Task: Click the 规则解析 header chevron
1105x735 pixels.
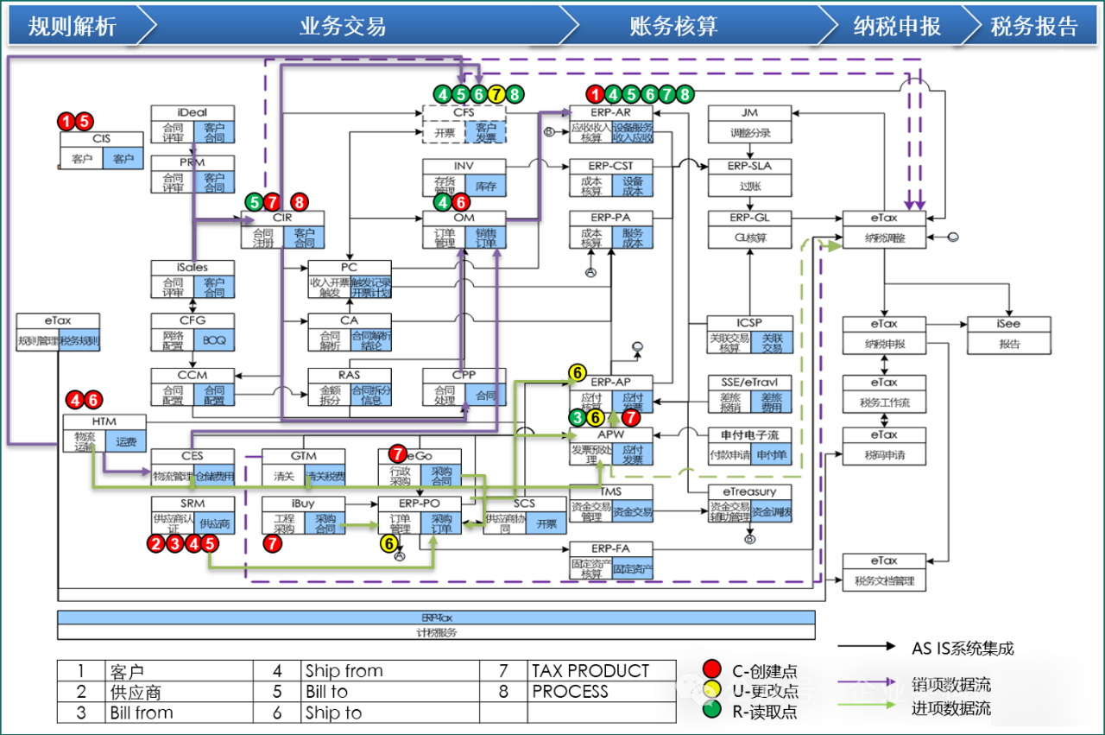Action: click(73, 26)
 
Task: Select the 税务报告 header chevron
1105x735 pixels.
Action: click(1033, 26)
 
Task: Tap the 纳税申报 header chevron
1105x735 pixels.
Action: click(897, 26)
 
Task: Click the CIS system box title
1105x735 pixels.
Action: click(101, 139)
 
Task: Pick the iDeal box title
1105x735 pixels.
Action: click(192, 112)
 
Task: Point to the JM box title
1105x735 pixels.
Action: click(749, 112)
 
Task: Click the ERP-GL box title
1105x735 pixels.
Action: click(749, 218)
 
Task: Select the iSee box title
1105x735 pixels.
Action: click(1008, 324)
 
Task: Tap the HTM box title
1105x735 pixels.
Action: click(104, 421)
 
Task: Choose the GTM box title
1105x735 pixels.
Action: click(303, 455)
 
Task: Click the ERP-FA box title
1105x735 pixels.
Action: click(610, 548)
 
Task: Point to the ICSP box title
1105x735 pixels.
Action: click(749, 323)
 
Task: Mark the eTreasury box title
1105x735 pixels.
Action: click(749, 491)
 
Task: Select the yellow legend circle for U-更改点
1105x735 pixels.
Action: click(711, 691)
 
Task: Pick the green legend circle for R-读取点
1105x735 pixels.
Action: click(711, 712)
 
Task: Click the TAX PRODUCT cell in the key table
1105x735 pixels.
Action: click(590, 671)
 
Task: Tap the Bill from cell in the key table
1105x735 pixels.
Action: click(142, 713)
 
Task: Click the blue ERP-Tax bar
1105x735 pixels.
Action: click(436, 618)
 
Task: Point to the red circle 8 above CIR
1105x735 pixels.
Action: click(300, 202)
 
